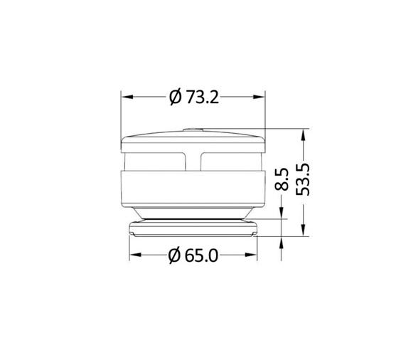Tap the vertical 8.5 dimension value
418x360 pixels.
point(283,179)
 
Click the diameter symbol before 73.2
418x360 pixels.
point(176,97)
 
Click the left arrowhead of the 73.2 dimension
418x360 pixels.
point(127,97)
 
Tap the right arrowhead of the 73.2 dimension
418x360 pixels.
point(260,97)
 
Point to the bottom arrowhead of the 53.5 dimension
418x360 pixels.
point(304,231)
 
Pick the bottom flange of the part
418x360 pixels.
point(193,228)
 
